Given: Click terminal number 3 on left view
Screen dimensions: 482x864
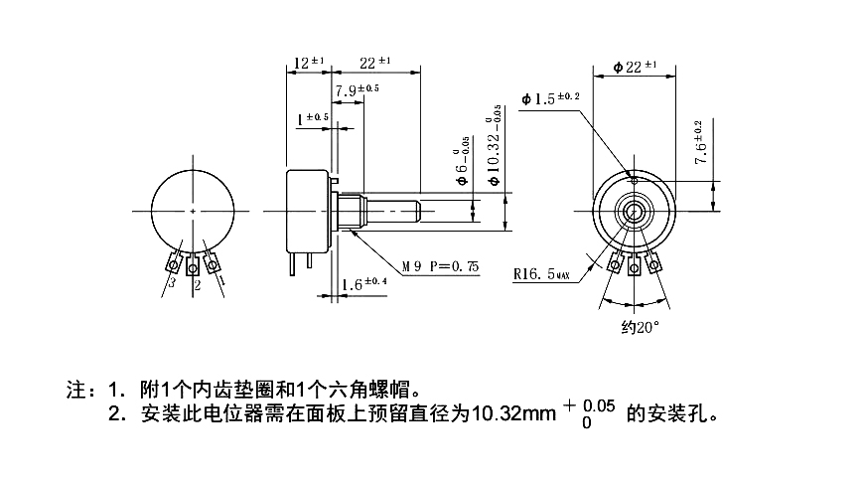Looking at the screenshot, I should coord(172,284).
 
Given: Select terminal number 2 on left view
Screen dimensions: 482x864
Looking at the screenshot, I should coord(197,286).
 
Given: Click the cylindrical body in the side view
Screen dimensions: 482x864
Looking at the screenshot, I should coord(308,210).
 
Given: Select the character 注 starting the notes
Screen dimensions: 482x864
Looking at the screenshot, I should coord(72,388).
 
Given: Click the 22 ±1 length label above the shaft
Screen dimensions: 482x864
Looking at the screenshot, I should coord(375,63).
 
